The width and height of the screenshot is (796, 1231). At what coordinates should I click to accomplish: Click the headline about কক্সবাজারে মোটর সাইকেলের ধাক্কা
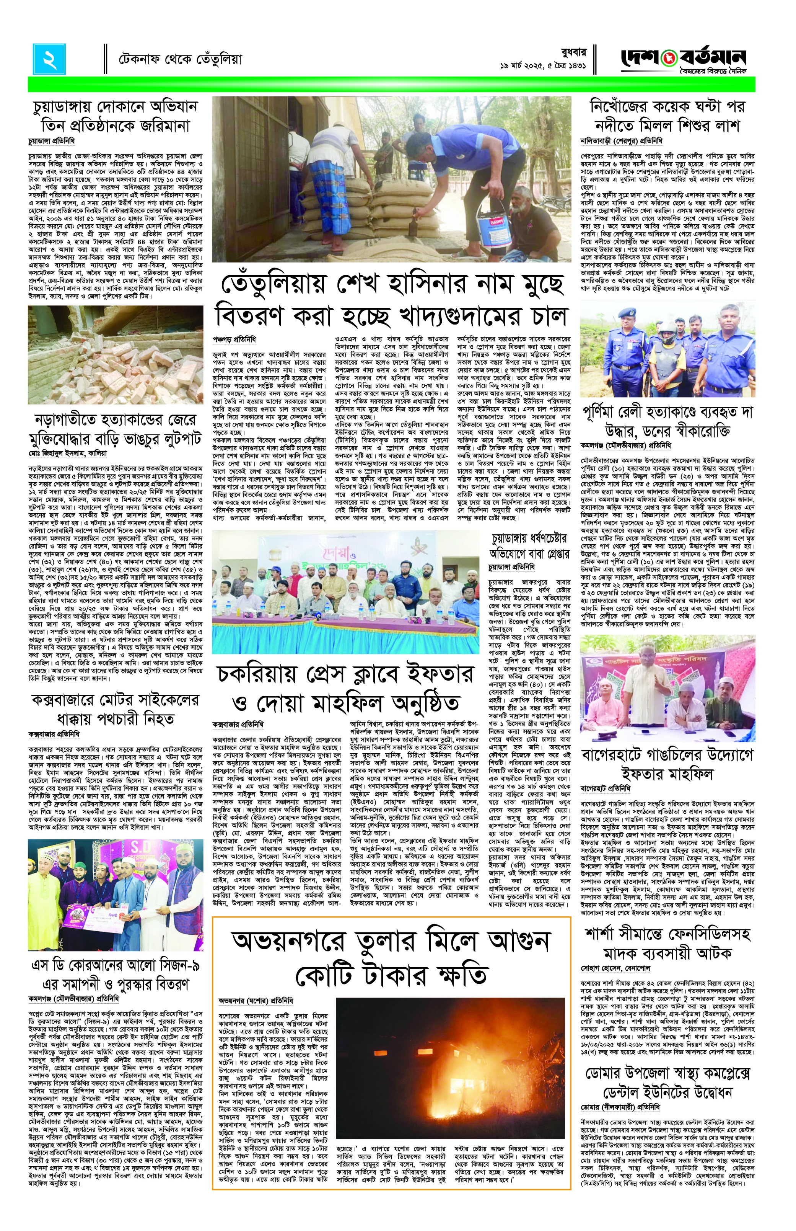coord(116,709)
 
